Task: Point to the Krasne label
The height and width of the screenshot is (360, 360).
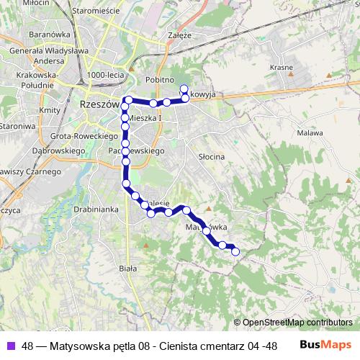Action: coord(281,67)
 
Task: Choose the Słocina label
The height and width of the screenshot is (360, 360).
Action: coord(212,156)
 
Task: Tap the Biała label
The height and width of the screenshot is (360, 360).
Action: coord(127,268)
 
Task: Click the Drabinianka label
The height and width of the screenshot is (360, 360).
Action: coord(94,210)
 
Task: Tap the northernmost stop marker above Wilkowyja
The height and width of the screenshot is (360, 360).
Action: coord(184,88)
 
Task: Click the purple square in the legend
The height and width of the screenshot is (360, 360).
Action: coord(11,345)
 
